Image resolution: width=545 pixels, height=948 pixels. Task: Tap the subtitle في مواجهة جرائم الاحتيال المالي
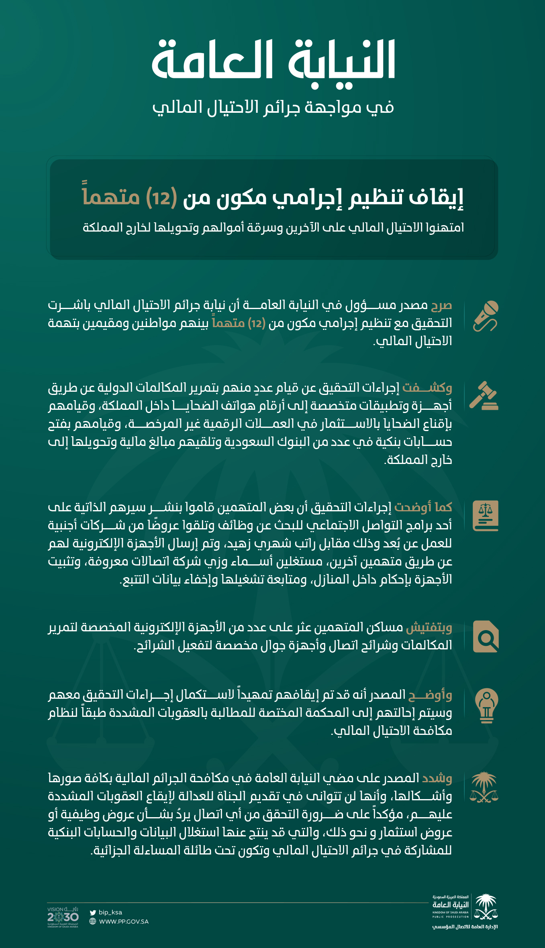click(273, 108)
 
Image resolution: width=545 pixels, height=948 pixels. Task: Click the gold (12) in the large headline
click(161, 197)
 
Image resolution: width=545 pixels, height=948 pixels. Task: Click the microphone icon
click(486, 316)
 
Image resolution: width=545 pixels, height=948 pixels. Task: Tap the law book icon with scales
click(486, 516)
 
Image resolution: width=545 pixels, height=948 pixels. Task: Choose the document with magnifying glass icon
click(486, 636)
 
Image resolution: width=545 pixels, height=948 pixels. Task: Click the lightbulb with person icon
click(486, 705)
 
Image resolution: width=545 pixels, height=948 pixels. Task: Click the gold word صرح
click(441, 305)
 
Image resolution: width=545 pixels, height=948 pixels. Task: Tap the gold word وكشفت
click(427, 388)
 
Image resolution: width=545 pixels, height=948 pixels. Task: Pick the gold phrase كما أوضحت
click(423, 507)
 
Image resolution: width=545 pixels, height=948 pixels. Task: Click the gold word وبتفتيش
click(429, 627)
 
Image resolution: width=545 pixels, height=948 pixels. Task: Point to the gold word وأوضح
click(430, 695)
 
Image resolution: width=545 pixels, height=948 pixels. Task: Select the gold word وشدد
click(437, 778)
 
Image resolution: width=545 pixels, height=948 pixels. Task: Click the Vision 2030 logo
click(63, 917)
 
